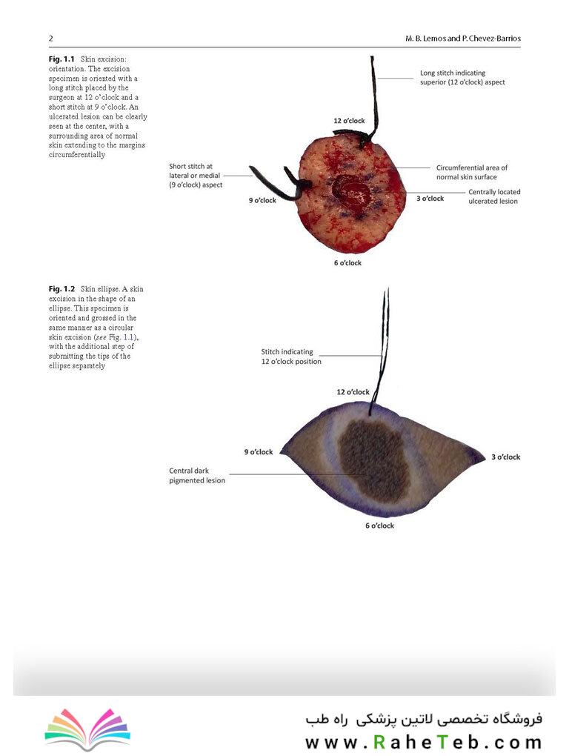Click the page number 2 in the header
click(50, 39)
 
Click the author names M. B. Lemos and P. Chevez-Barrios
click(462, 39)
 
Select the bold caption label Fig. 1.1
click(61, 59)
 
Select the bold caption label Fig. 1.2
click(61, 289)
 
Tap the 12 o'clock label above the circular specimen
click(349, 121)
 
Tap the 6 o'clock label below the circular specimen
click(348, 263)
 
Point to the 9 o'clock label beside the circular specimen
click(262, 200)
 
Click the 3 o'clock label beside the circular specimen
click(430, 198)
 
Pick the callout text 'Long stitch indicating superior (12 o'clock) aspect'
click(462, 78)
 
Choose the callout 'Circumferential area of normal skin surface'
click(472, 172)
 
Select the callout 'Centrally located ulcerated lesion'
click(494, 196)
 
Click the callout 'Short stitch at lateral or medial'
click(195, 170)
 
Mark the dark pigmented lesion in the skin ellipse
click(374, 460)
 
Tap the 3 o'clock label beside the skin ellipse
click(506, 457)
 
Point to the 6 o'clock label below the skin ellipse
click(379, 525)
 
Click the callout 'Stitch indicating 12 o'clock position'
click(291, 357)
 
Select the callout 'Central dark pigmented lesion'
click(197, 475)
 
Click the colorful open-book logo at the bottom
click(87, 729)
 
